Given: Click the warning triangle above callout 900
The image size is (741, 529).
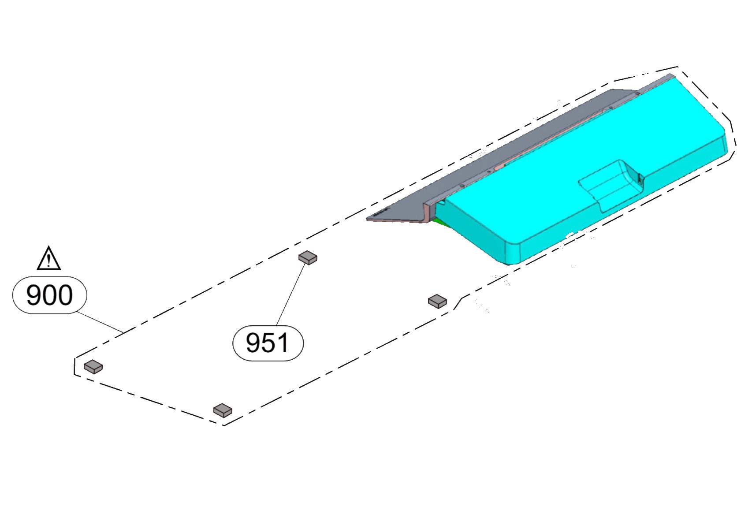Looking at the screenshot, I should [x=48, y=259].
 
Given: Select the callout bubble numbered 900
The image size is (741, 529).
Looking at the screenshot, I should [x=49, y=295].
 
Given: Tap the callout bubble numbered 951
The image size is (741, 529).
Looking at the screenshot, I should [x=268, y=343].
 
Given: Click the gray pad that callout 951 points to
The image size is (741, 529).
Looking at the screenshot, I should [x=308, y=257].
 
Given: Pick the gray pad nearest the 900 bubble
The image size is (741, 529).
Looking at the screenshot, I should [x=93, y=366].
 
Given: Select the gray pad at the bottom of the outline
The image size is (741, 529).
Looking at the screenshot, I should [x=223, y=410].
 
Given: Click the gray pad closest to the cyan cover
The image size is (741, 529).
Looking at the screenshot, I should [x=437, y=301].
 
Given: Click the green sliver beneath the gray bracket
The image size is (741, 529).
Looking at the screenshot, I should [x=441, y=222].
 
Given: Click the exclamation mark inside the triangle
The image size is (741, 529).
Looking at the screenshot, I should [x=49, y=260].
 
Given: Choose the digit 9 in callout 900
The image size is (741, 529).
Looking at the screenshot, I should [x=34, y=295].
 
